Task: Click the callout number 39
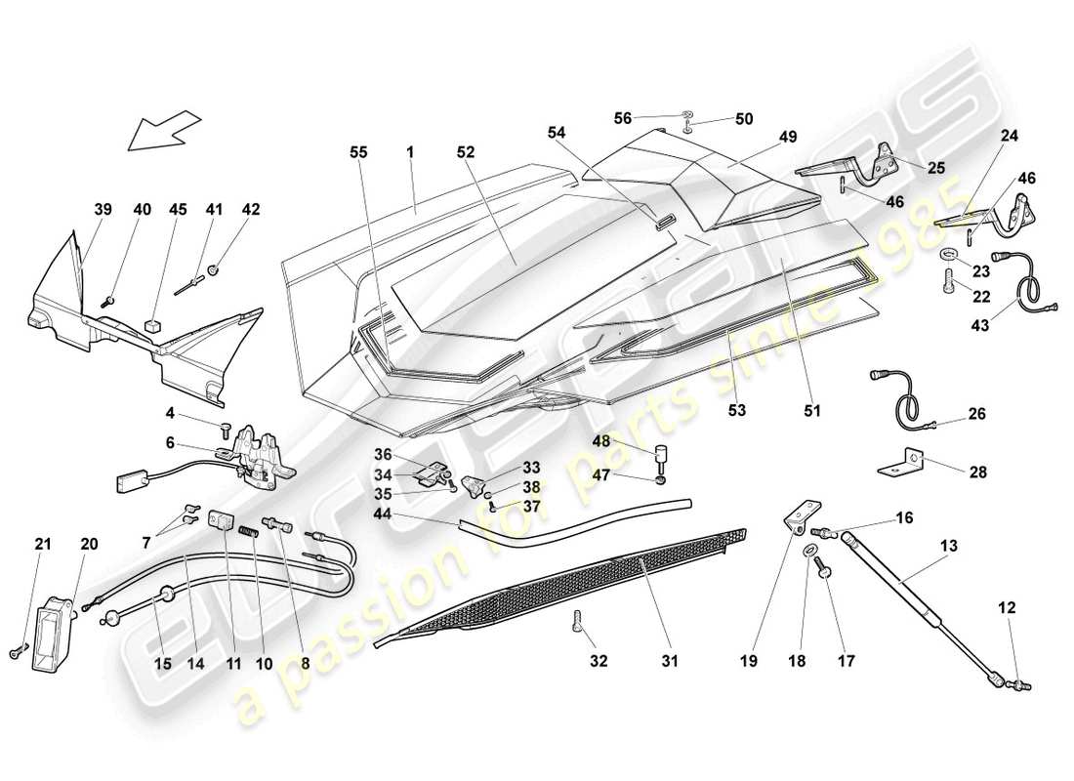(103, 209)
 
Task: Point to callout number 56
(650, 118)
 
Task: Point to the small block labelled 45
(152, 324)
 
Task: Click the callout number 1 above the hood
(411, 152)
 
